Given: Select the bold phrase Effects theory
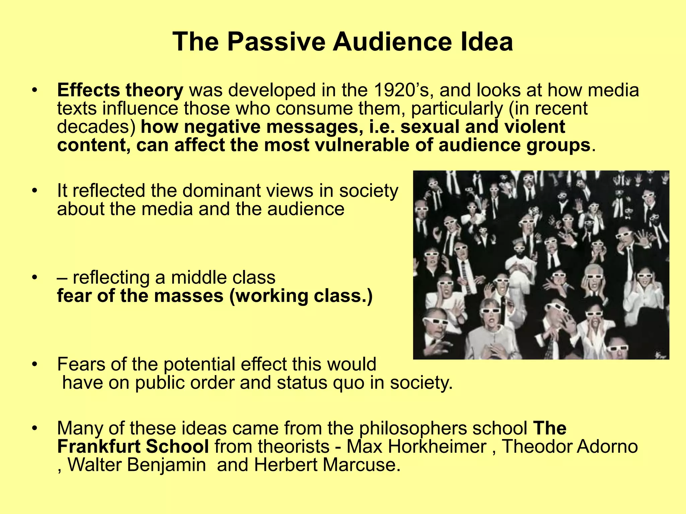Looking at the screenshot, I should click(x=120, y=90).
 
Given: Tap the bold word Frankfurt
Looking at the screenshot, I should click(x=99, y=446).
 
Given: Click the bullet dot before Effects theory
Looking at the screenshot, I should click(x=34, y=91).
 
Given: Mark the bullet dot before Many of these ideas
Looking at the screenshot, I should click(x=34, y=429).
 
